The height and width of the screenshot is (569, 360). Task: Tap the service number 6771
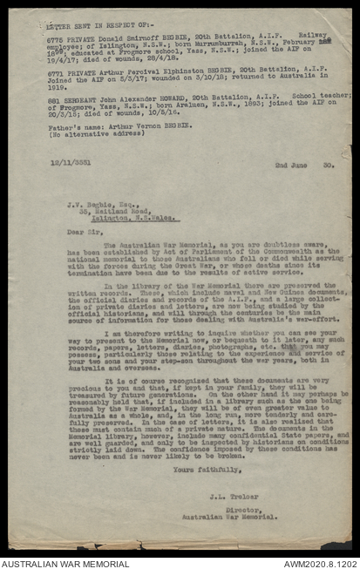(x=54, y=75)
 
